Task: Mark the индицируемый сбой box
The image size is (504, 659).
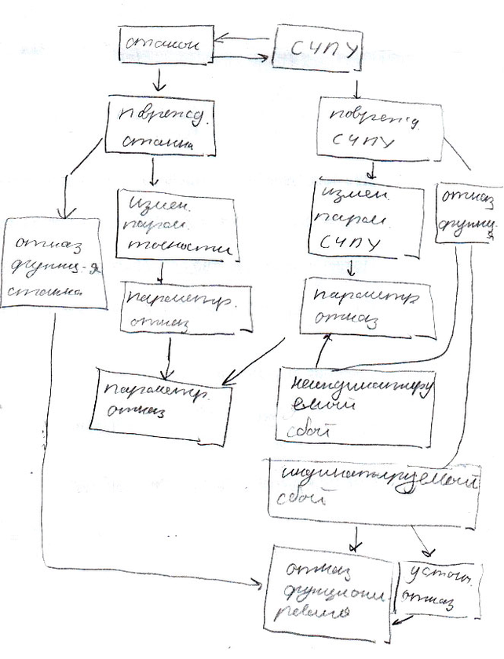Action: pyautogui.click(x=372, y=490)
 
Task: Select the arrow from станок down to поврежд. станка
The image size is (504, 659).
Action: pyautogui.click(x=160, y=79)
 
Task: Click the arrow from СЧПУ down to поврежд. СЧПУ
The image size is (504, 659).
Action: pyautogui.click(x=356, y=86)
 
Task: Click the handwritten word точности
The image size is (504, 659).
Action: pyautogui.click(x=177, y=248)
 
